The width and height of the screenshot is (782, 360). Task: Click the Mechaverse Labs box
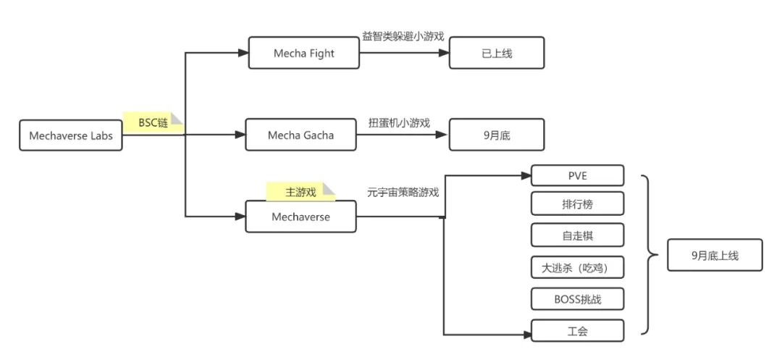[71, 135]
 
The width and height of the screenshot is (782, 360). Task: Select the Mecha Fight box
[303, 54]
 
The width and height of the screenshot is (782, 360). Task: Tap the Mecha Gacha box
[300, 135]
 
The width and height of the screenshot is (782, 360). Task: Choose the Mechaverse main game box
[300, 217]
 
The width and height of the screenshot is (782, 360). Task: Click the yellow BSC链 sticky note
[153, 123]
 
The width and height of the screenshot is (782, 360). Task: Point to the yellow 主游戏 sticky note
[300, 192]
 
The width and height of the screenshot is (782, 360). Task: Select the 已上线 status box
[496, 54]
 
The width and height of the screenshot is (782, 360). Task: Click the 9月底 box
[496, 135]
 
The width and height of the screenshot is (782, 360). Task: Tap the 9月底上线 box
[714, 255]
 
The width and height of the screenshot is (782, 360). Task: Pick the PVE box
[577, 175]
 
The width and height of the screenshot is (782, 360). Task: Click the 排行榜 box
[577, 204]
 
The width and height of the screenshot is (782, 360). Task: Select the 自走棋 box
[577, 235]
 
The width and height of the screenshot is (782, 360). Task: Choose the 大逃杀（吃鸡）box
[577, 267]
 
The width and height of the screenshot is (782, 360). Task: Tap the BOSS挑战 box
[577, 298]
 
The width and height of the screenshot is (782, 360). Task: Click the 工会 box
[577, 331]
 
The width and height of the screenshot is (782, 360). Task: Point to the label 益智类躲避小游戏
[403, 36]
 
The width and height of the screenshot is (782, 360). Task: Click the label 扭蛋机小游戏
[399, 122]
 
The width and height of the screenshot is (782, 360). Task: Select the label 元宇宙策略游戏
[403, 193]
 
